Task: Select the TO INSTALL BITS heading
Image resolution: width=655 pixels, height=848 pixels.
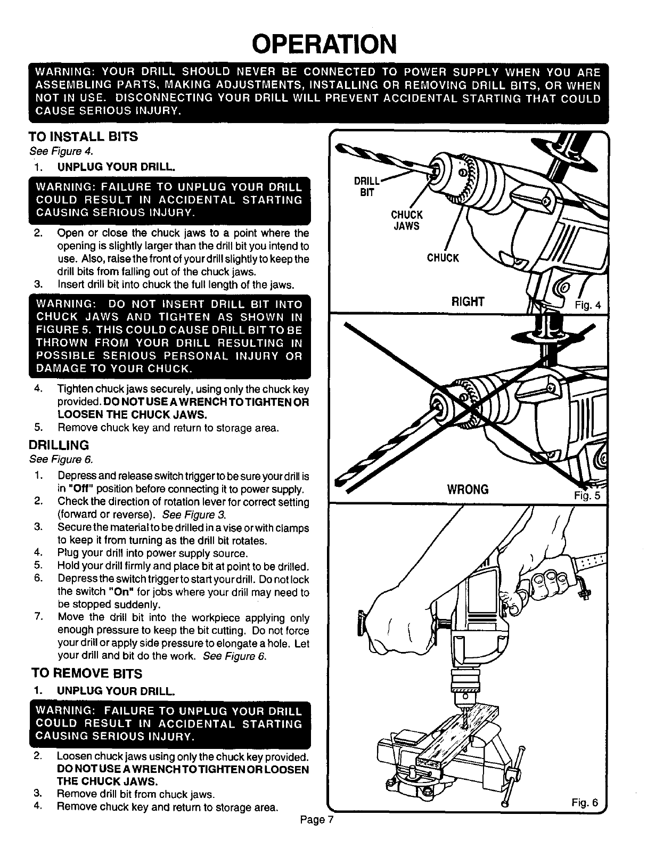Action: point(84,137)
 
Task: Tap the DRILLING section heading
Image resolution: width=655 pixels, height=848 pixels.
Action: point(59,445)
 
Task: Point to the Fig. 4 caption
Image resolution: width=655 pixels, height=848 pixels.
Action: point(587,305)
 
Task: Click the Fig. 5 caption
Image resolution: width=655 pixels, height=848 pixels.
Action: point(587,494)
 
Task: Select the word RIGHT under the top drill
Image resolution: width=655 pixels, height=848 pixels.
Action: point(468,302)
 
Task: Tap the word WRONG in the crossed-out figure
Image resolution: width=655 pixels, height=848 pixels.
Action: point(468,489)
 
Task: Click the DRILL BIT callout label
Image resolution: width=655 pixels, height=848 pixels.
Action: point(367,186)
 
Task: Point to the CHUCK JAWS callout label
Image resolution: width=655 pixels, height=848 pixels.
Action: point(406,221)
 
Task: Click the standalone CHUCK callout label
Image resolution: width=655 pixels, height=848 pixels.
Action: point(443,258)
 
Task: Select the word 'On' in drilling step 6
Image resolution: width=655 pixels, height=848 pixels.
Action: point(123,592)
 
